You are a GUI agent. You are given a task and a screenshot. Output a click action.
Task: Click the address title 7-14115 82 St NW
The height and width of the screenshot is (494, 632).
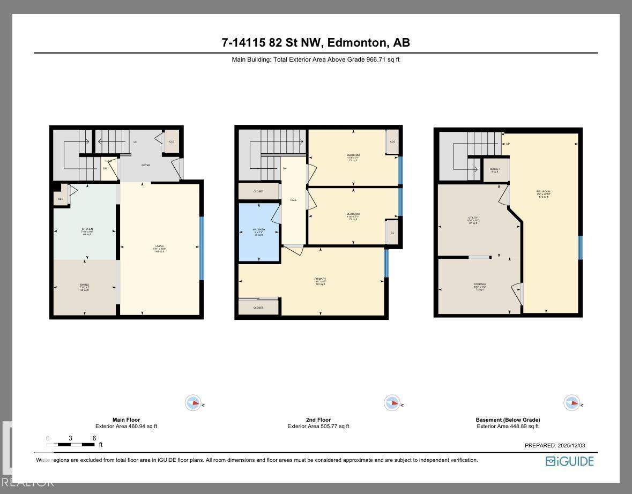pos(316,43)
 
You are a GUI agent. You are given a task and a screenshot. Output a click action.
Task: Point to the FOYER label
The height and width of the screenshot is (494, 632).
pos(145,165)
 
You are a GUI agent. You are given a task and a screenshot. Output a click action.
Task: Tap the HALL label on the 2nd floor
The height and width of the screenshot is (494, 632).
pos(293,200)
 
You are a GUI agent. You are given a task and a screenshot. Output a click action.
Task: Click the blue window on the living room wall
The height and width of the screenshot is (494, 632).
pos(202,248)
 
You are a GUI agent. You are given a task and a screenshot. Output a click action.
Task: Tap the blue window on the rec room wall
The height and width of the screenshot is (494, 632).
pos(580,248)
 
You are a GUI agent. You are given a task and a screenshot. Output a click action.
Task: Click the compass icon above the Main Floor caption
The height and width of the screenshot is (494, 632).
pos(193,403)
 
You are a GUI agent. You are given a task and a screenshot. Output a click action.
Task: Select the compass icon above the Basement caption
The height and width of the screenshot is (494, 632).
pos(571,403)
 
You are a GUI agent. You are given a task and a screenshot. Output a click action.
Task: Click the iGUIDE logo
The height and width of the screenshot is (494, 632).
pos(569,461)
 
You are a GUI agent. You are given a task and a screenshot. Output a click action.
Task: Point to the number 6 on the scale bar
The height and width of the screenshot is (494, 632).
pos(94,438)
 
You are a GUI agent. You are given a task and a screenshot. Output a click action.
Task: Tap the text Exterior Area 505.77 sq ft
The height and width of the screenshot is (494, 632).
pos(318,426)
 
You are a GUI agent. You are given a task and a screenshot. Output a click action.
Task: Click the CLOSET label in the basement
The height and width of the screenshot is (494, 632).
pos(495,169)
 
